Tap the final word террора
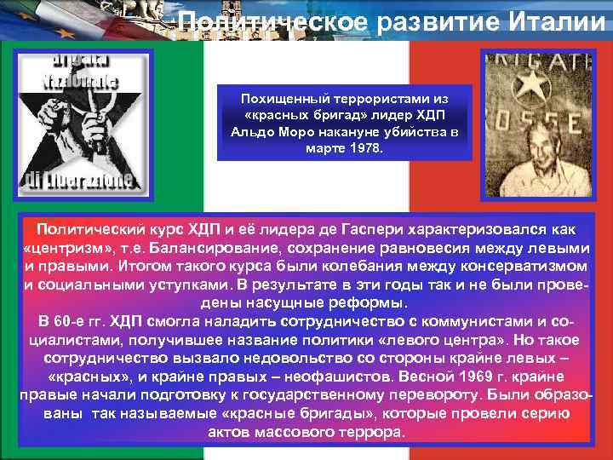tap(370, 431)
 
